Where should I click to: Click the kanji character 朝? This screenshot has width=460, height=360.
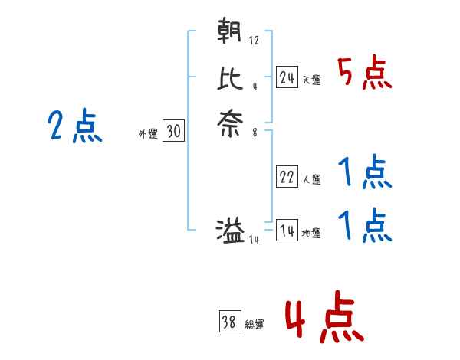tap(230, 33)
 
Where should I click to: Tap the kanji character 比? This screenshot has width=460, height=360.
tap(230, 78)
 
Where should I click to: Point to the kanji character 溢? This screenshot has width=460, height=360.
tap(230, 231)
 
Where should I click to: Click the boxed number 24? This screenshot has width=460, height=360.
tap(287, 77)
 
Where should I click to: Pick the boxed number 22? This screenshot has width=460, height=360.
tap(287, 177)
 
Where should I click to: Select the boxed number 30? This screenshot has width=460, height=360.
tap(173, 132)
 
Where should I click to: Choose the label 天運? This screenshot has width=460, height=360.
tap(312, 80)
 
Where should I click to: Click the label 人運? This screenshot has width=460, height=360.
tap(312, 180)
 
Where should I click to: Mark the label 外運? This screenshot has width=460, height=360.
tap(148, 134)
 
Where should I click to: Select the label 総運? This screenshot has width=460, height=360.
tap(255, 325)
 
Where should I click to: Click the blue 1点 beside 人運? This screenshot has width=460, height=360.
tap(364, 174)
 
